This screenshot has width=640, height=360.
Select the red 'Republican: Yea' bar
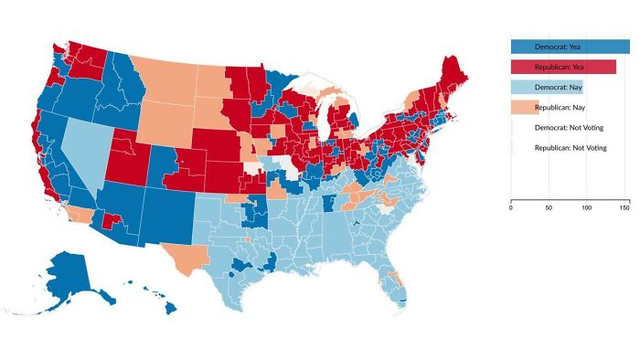coord(562,67)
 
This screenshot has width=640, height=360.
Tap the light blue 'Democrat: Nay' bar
coord(547,87)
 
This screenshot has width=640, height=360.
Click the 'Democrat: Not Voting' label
coord(570,127)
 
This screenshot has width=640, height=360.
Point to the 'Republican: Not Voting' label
coord(570,147)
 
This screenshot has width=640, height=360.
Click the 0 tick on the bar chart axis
coord(510,208)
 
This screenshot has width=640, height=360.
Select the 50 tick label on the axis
coord(549,208)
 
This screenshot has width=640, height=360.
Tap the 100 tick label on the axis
coord(586,208)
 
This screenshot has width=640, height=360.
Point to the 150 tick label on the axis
coord(624,208)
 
